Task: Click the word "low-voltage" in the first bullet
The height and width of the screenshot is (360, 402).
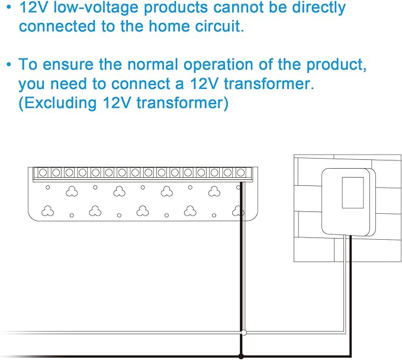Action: click(x=96, y=8)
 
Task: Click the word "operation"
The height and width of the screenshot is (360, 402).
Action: click(x=218, y=65)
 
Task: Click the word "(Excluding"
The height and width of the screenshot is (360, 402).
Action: click(x=57, y=103)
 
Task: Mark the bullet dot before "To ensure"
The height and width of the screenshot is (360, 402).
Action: click(x=9, y=65)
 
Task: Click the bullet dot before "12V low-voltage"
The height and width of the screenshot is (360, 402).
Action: click(x=9, y=8)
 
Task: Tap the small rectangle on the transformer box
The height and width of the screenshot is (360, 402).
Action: click(x=353, y=192)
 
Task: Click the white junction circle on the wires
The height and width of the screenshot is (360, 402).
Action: click(x=244, y=333)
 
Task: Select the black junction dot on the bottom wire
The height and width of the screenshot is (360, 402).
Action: click(x=241, y=356)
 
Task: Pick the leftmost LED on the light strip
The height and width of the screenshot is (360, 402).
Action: click(x=43, y=172)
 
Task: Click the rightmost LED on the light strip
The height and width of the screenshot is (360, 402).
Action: click(x=241, y=172)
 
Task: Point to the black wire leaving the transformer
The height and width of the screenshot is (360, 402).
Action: click(x=350, y=295)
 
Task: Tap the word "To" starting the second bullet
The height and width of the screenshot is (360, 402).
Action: click(x=28, y=64)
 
